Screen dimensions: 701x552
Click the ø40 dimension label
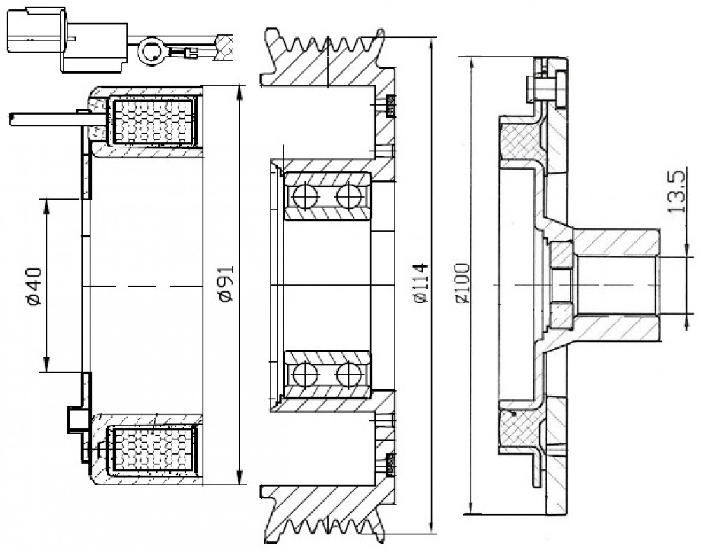tap(34, 286)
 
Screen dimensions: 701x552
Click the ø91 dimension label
tap(227, 283)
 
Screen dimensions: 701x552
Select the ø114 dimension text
tap(421, 284)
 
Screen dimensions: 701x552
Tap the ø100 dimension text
tap(462, 284)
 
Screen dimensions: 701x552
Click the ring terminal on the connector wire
tap(152, 52)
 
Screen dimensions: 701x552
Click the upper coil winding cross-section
tap(154, 122)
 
